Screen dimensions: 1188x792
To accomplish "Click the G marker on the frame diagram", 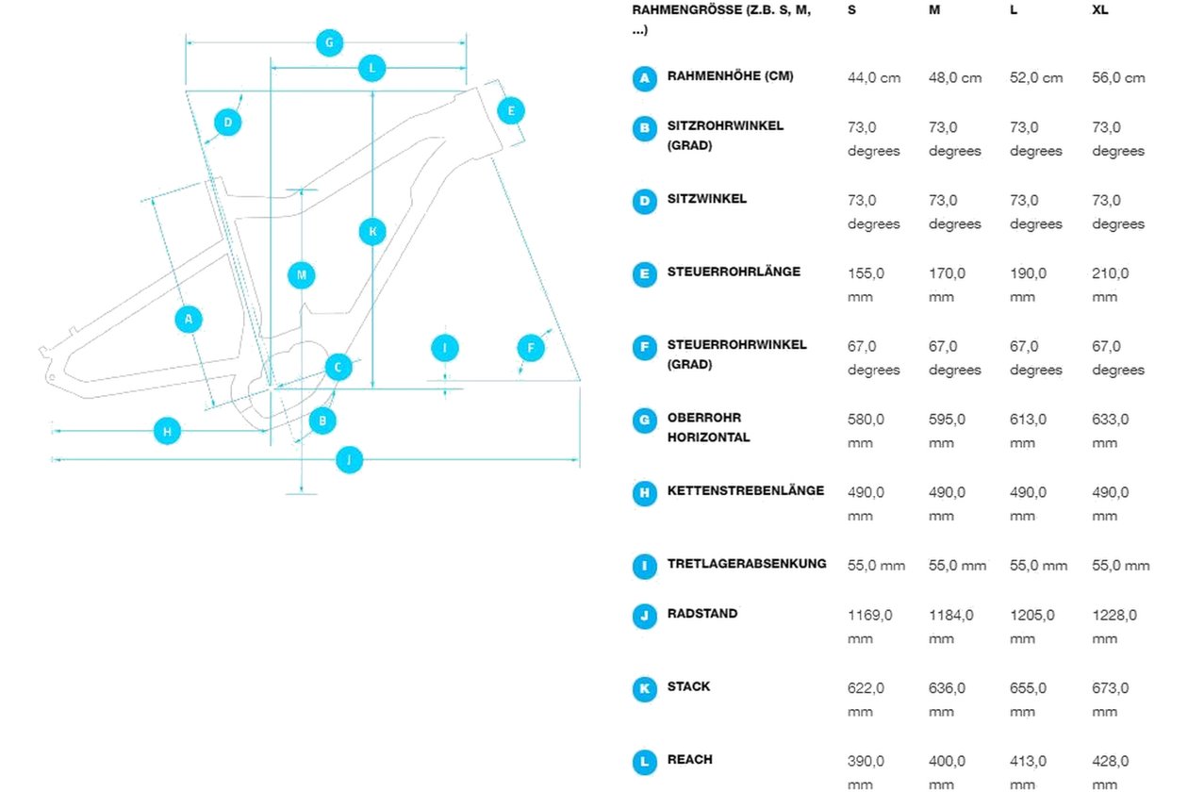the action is pos(329,42).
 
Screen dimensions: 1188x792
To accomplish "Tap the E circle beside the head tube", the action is pos(511,111).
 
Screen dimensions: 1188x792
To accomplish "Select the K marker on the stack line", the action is pos(372,231).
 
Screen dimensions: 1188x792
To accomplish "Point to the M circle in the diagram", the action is pos(302,274).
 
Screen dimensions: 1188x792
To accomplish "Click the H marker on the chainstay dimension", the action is pos(167,431).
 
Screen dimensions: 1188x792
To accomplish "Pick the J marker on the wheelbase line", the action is pos(350,459).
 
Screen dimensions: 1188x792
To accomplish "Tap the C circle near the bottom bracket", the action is pos(338,367).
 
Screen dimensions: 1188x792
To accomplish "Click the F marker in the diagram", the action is pos(531,348).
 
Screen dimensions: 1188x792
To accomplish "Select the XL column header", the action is pos(1100,9).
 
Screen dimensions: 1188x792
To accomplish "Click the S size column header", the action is pos(851,9).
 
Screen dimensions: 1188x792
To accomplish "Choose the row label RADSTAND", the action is pos(702,613).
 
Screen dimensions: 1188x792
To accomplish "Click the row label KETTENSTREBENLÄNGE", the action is pos(746,490).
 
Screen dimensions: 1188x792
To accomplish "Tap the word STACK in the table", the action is pos(688,686).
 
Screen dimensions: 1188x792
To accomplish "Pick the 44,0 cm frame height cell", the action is pos(874,78).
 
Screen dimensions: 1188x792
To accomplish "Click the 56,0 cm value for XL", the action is pos(1118,78).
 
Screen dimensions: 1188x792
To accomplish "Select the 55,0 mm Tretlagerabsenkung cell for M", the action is pos(957,566).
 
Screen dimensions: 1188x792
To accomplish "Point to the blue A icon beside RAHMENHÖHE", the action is pos(644,78).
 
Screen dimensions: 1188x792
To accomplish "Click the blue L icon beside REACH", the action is pos(644,762).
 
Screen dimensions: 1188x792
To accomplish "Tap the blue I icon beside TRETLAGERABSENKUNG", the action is pos(644,567).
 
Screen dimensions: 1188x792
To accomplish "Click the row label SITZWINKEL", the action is pos(707,199).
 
